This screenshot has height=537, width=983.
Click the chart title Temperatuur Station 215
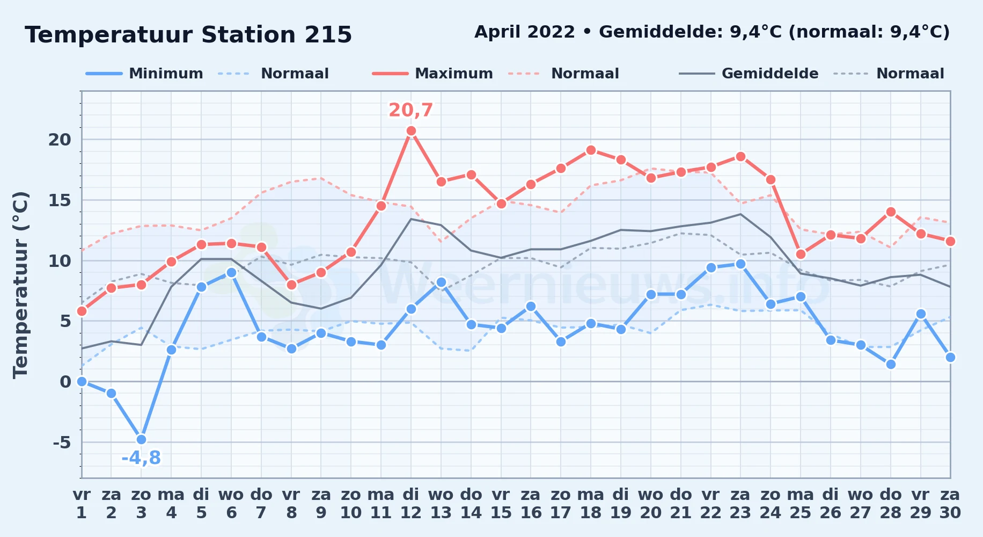tap(188, 35)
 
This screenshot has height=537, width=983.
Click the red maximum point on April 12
tap(411, 130)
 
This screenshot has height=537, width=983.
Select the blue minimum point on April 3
tap(141, 439)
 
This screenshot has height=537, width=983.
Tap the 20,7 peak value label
tap(410, 110)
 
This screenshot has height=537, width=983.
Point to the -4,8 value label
tap(141, 458)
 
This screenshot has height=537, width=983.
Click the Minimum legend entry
tap(145, 74)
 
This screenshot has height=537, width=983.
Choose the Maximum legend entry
tap(432, 74)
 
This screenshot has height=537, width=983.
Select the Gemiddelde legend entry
tap(749, 74)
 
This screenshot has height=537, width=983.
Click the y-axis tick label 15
tap(60, 200)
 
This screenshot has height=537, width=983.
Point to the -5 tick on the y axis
tap(62, 442)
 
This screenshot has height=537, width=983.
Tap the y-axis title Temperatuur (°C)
tap(20, 285)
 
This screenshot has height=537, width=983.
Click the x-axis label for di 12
tap(411, 504)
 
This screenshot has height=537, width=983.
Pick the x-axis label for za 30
tap(950, 504)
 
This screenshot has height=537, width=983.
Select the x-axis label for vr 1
tap(82, 504)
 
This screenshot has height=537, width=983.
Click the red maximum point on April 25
tap(801, 254)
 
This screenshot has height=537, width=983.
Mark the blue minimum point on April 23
tap(740, 264)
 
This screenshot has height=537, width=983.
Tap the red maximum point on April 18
tap(591, 150)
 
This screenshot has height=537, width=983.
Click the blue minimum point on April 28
tap(891, 364)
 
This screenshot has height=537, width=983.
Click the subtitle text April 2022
tap(525, 32)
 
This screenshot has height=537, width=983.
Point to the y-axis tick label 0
tap(65, 382)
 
